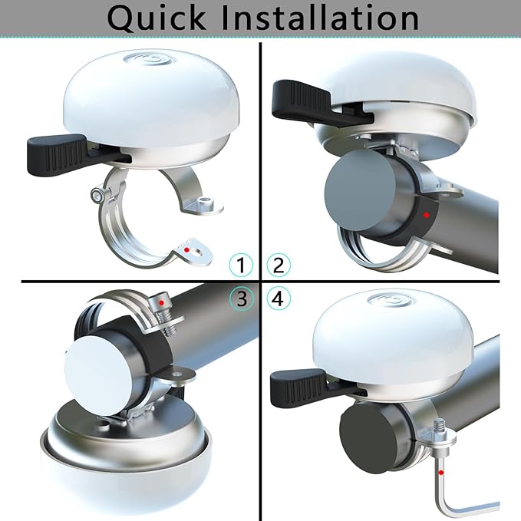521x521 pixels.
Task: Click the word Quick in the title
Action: pyautogui.click(x=157, y=18)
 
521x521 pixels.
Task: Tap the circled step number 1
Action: pyautogui.click(x=241, y=265)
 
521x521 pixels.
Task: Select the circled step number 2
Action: pyautogui.click(x=279, y=265)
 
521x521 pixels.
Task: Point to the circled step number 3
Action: pyautogui.click(x=242, y=298)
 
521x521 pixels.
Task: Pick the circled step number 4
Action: pyautogui.click(x=279, y=298)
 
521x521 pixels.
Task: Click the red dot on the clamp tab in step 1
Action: pyautogui.click(x=186, y=249)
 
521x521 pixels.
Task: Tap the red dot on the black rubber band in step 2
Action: pyautogui.click(x=427, y=215)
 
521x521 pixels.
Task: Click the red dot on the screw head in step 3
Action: pyautogui.click(x=161, y=302)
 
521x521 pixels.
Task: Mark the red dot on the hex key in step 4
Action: pyautogui.click(x=441, y=472)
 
